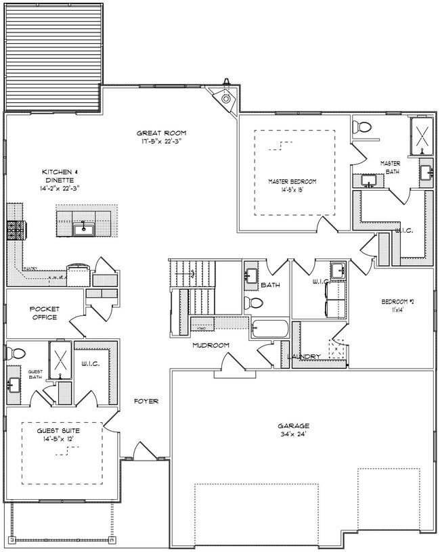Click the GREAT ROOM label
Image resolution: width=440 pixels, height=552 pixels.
(161, 133)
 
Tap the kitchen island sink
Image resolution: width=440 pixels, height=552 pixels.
(84, 229)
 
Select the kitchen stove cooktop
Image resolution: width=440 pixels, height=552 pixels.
(16, 231)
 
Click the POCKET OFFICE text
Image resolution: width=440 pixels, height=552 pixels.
(43, 313)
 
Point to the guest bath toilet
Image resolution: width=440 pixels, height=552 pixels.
(16, 352)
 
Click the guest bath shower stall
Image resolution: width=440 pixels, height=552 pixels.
(60, 359)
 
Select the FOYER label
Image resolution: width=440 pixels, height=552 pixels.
(146, 401)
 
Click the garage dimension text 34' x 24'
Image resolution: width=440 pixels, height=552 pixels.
(293, 435)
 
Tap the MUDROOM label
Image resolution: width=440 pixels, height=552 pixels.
(211, 345)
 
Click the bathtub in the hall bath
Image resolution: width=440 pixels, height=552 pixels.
(269, 329)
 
